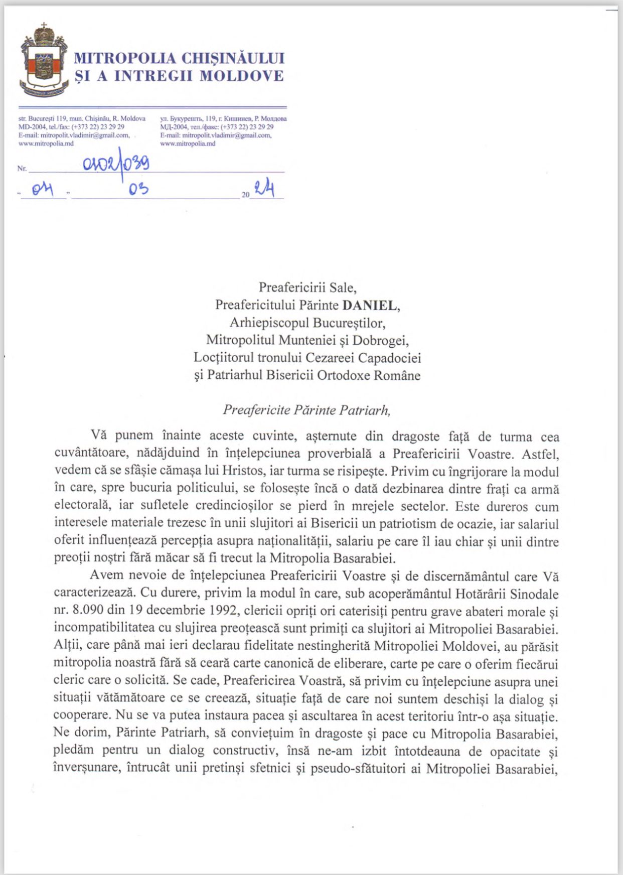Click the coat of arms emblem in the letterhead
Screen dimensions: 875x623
[44, 61]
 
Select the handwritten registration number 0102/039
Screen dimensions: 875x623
[116, 164]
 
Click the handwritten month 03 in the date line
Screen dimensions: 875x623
[138, 189]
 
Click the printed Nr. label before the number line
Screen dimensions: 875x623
[22, 169]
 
